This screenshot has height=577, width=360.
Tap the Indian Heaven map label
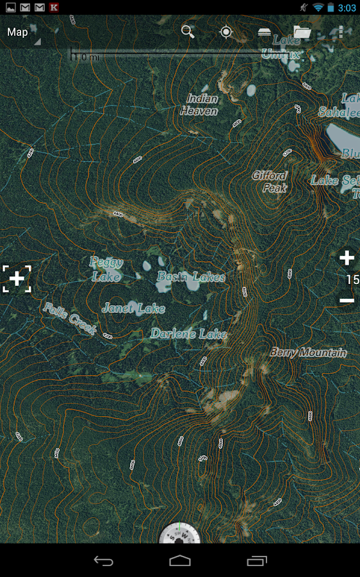point(199,105)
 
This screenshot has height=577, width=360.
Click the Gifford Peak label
point(270,181)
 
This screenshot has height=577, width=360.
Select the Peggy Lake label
point(106,269)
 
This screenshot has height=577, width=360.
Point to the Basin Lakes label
point(191,277)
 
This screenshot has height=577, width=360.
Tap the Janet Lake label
point(133,308)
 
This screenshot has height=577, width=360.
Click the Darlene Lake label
point(188,334)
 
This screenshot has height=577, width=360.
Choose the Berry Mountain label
point(308,353)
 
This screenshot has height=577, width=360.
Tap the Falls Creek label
point(69,319)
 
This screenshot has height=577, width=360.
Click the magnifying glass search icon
point(188,31)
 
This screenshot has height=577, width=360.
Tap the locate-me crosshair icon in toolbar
point(226,31)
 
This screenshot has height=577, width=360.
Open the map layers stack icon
point(264,31)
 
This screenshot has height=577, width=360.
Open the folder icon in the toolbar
point(302,31)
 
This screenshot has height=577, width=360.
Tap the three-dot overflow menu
point(341,31)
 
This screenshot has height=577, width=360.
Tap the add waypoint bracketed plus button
point(17,278)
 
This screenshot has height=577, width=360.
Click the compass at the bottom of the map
point(180,533)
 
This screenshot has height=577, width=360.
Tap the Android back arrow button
point(104,561)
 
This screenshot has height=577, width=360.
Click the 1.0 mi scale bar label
point(86,57)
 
